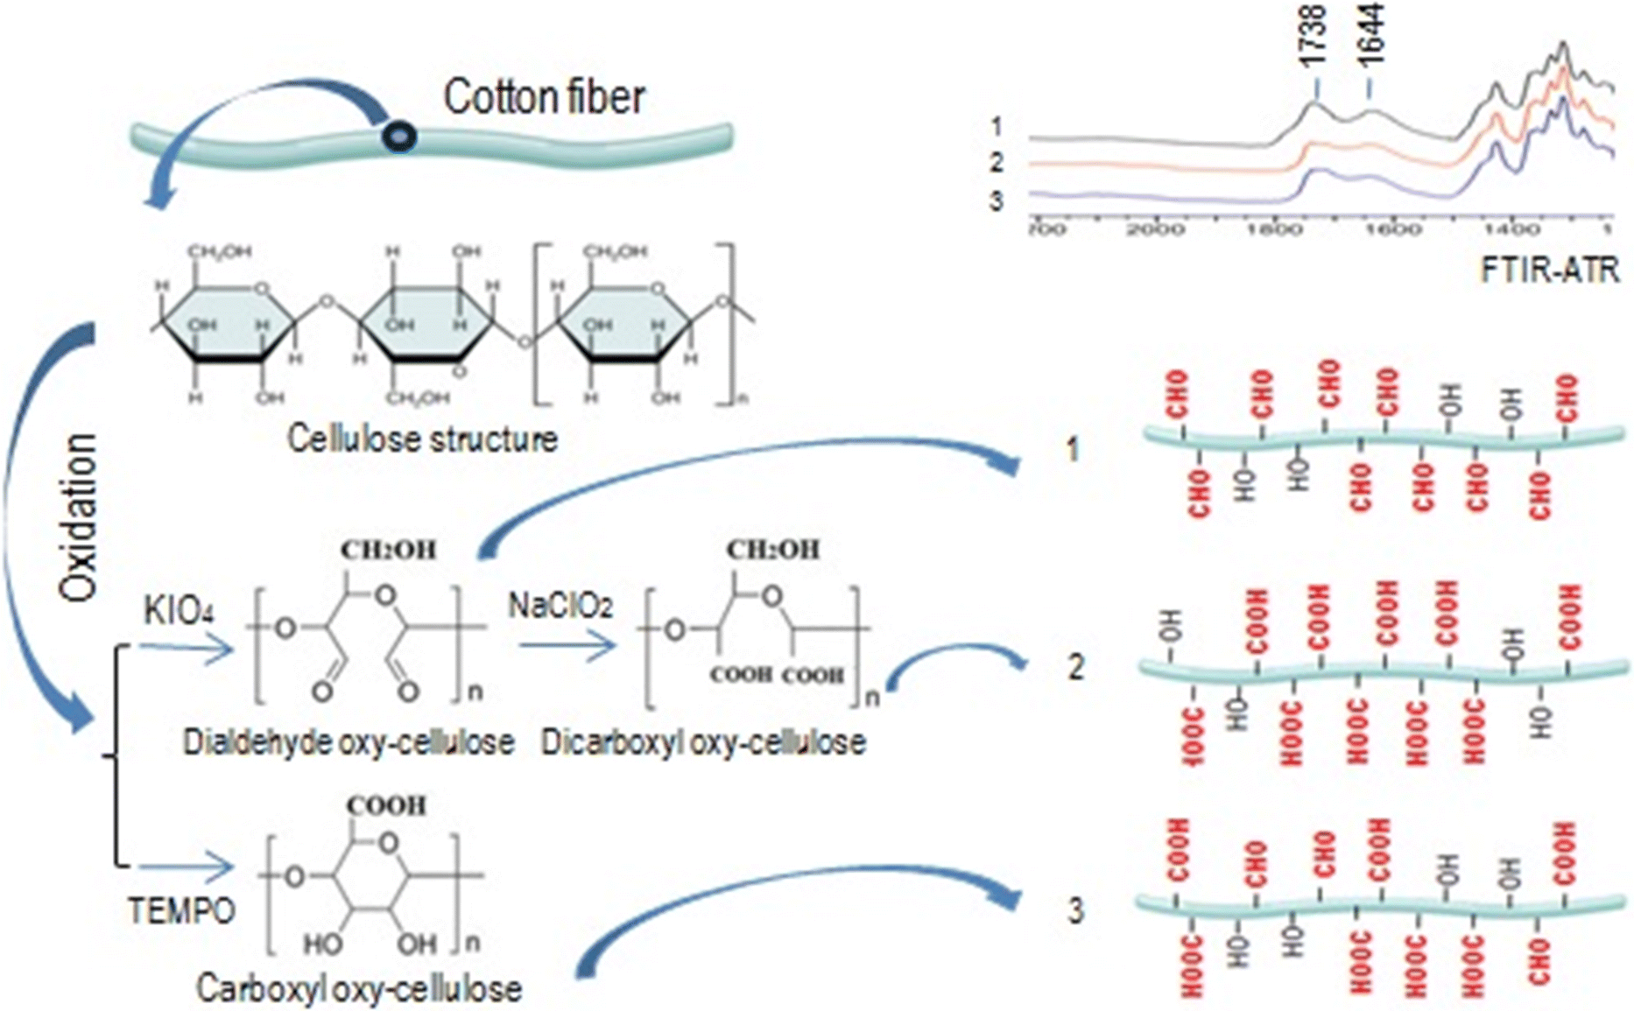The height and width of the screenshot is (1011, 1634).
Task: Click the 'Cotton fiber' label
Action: pos(544,97)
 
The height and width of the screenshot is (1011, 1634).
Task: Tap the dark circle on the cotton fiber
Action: pos(398,135)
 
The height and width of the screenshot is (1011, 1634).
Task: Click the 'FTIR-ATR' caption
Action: pos(1549,270)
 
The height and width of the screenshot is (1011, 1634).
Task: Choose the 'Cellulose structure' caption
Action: pos(422,439)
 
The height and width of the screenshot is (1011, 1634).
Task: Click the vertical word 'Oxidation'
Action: pos(78,516)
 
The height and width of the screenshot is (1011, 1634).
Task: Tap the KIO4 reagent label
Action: pos(179,610)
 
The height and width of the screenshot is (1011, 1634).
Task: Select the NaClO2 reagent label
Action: pos(560,605)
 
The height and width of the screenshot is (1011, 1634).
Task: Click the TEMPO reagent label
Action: pos(182,911)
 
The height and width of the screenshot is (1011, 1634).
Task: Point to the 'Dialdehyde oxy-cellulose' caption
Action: pos(349,742)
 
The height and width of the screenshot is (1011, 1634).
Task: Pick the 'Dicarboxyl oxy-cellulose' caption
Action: pos(703,742)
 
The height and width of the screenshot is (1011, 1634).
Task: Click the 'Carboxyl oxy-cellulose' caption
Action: pos(359,988)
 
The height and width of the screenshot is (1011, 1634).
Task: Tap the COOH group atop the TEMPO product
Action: pos(386,804)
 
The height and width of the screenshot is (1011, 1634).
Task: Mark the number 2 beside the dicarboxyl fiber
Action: pos(1075,667)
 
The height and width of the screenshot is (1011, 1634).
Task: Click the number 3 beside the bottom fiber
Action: pos(1075,911)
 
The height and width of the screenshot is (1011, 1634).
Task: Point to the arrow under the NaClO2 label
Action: pos(567,647)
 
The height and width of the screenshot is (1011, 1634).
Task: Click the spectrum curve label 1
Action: pos(997,127)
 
